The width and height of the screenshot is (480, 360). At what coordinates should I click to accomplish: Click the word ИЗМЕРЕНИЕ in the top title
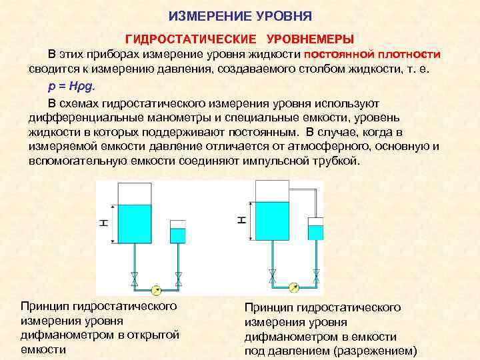point(205,15)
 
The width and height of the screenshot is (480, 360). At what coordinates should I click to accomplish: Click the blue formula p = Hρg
point(72,86)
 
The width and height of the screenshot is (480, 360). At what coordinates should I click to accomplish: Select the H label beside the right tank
point(241,219)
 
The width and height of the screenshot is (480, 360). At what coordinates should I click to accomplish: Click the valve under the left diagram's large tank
point(135,276)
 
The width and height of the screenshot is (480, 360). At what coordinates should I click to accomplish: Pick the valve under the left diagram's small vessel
point(178,276)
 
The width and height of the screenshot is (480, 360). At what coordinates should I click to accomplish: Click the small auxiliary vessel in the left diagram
point(178,231)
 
